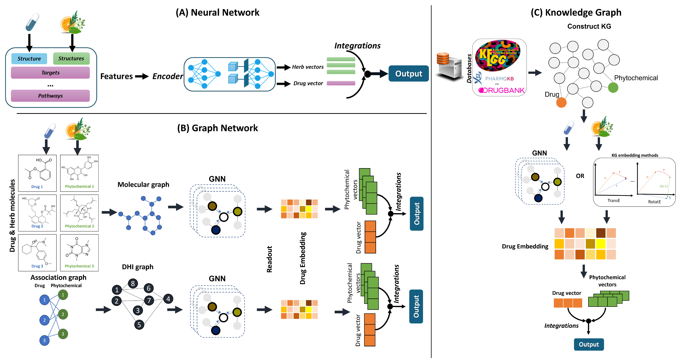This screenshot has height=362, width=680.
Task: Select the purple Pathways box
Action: (50, 96)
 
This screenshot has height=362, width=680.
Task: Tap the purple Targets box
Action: (50, 73)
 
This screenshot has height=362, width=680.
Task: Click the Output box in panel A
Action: (408, 74)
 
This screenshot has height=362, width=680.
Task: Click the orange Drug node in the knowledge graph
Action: (561, 102)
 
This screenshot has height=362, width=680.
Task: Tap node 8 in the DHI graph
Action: (133, 283)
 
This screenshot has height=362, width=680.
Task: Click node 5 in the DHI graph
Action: (139, 325)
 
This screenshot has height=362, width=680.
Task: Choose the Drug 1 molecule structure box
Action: (37, 173)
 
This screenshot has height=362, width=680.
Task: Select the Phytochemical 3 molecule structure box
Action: (79, 253)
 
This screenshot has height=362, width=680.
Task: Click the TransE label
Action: (614, 201)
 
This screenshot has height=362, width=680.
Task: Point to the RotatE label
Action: (654, 202)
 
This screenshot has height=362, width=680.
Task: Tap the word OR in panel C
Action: (580, 176)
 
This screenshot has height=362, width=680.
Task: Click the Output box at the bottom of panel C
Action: (589, 345)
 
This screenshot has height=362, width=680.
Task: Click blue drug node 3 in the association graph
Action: (44, 340)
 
